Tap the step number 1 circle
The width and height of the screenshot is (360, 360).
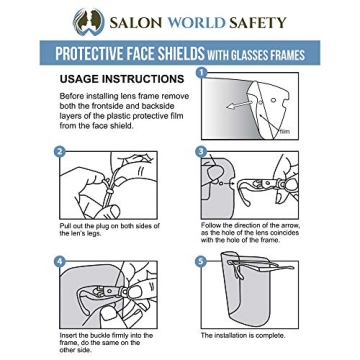[x=202, y=72]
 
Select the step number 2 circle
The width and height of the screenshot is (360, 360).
[x=61, y=152]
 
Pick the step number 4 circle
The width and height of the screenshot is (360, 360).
[x=61, y=262]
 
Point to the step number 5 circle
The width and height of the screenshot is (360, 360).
[x=201, y=262]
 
